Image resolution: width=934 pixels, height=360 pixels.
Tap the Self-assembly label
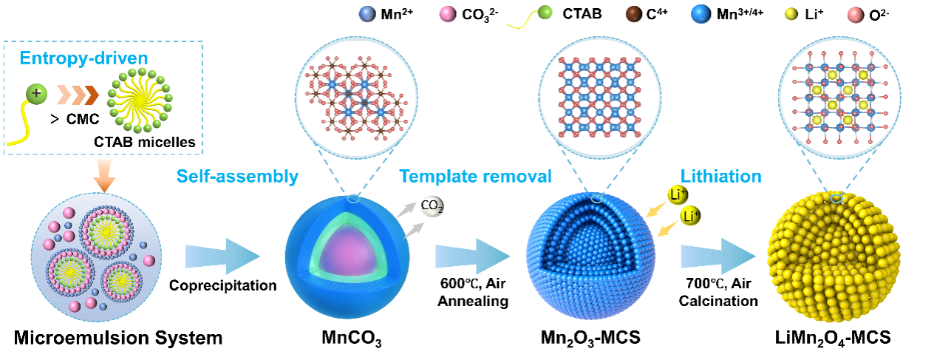coord(236,177)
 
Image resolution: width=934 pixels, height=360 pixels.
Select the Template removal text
coord(476,177)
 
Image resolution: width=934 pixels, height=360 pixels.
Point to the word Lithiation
coord(720,177)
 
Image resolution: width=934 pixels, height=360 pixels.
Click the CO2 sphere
coord(432,208)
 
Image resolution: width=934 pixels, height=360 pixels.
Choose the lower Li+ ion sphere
coord(690,217)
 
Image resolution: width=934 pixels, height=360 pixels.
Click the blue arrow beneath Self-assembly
coord(222,257)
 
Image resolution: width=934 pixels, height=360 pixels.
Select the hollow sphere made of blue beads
coord(590,255)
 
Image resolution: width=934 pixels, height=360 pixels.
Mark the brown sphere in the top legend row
coord(633,13)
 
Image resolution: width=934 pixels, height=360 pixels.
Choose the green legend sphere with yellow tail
coord(544,13)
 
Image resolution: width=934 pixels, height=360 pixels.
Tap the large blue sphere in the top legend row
coord(700,13)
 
